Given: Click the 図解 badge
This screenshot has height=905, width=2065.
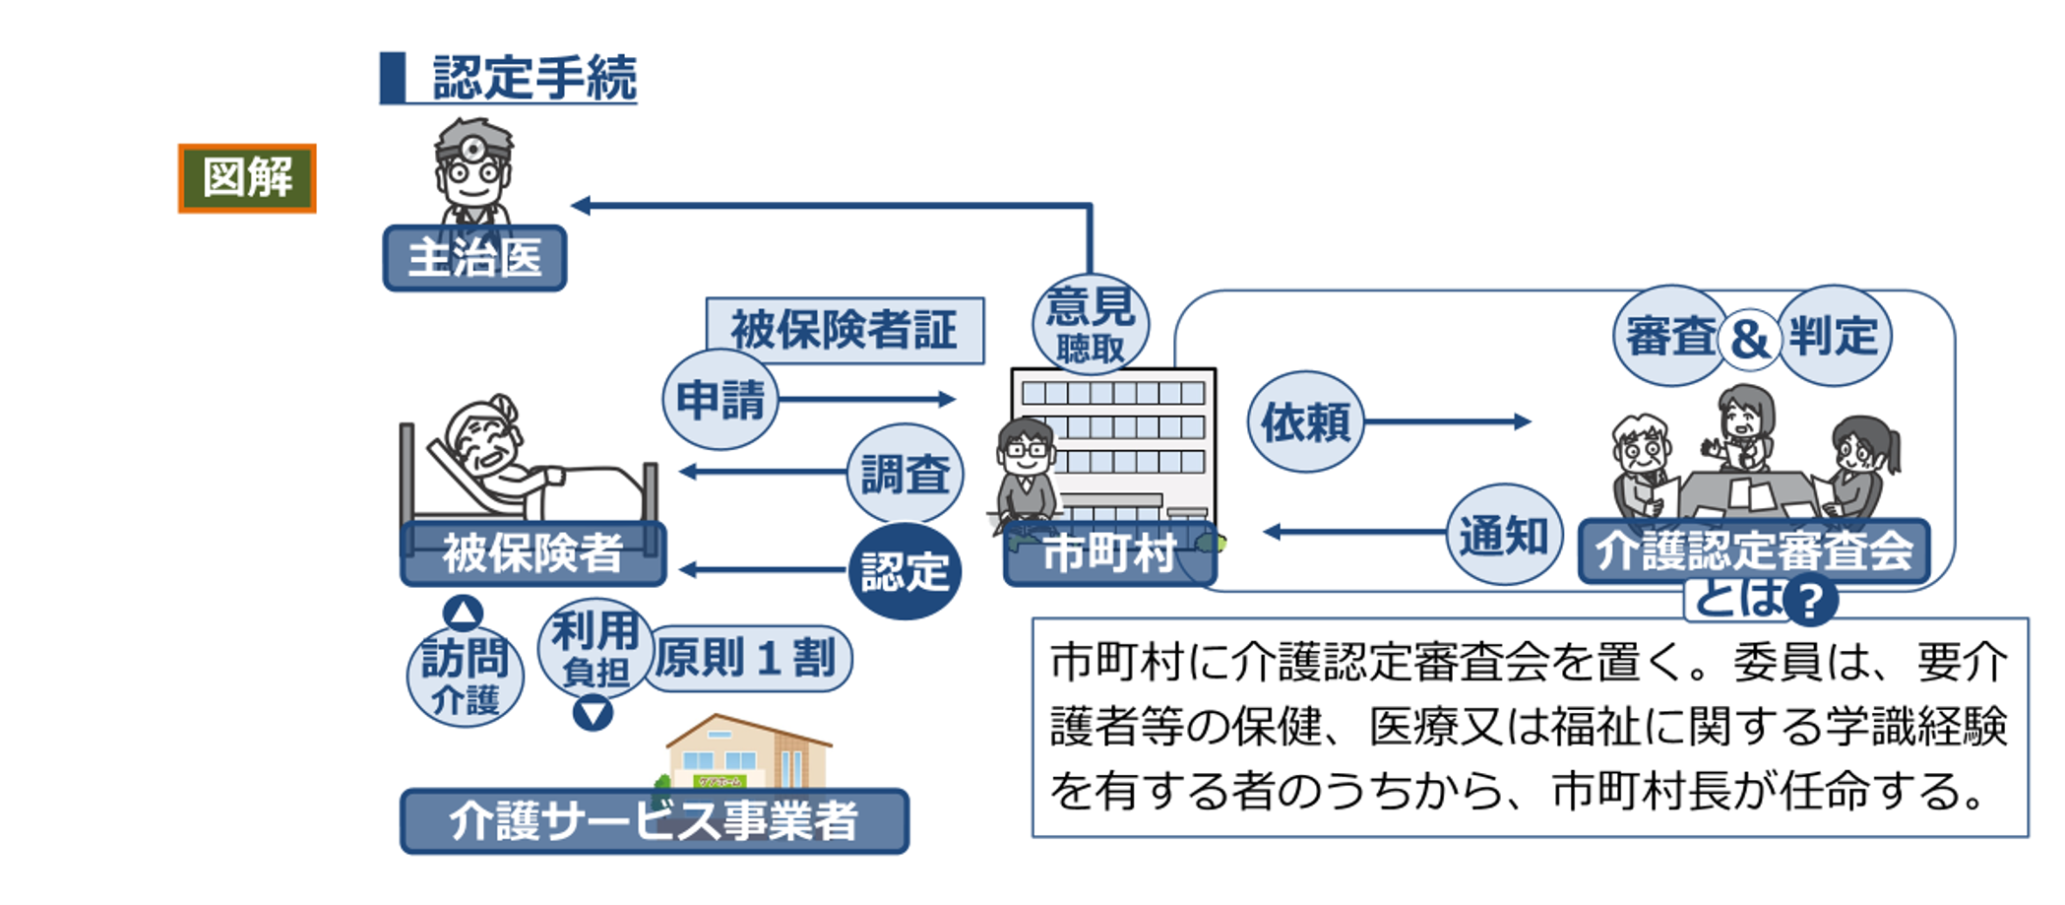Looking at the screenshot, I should (247, 178).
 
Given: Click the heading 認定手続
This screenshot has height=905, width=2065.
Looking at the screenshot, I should (533, 78).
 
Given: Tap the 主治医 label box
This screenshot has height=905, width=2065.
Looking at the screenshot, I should (474, 258).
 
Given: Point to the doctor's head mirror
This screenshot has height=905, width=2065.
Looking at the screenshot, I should (473, 149).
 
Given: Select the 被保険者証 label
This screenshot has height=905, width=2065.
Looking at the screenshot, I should (845, 330).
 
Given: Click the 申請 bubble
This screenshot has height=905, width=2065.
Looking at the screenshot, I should (720, 400).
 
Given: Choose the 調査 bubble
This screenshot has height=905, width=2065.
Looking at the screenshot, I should (905, 474).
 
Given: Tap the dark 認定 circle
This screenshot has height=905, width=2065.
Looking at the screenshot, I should (905, 571).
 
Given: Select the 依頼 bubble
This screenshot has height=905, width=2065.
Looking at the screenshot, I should (1305, 422).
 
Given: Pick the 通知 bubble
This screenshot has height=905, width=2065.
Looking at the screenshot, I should (1503, 535).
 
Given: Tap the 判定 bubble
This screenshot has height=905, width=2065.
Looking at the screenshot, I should (1834, 336).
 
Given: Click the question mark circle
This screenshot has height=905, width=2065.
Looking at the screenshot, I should (1809, 601).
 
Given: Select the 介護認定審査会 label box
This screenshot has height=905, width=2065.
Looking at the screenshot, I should (1753, 550).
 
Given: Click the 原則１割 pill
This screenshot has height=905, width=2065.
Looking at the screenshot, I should (745, 659).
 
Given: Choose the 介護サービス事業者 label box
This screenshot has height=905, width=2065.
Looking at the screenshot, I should (655, 820).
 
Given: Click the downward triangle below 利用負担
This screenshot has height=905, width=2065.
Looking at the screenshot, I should (593, 711).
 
